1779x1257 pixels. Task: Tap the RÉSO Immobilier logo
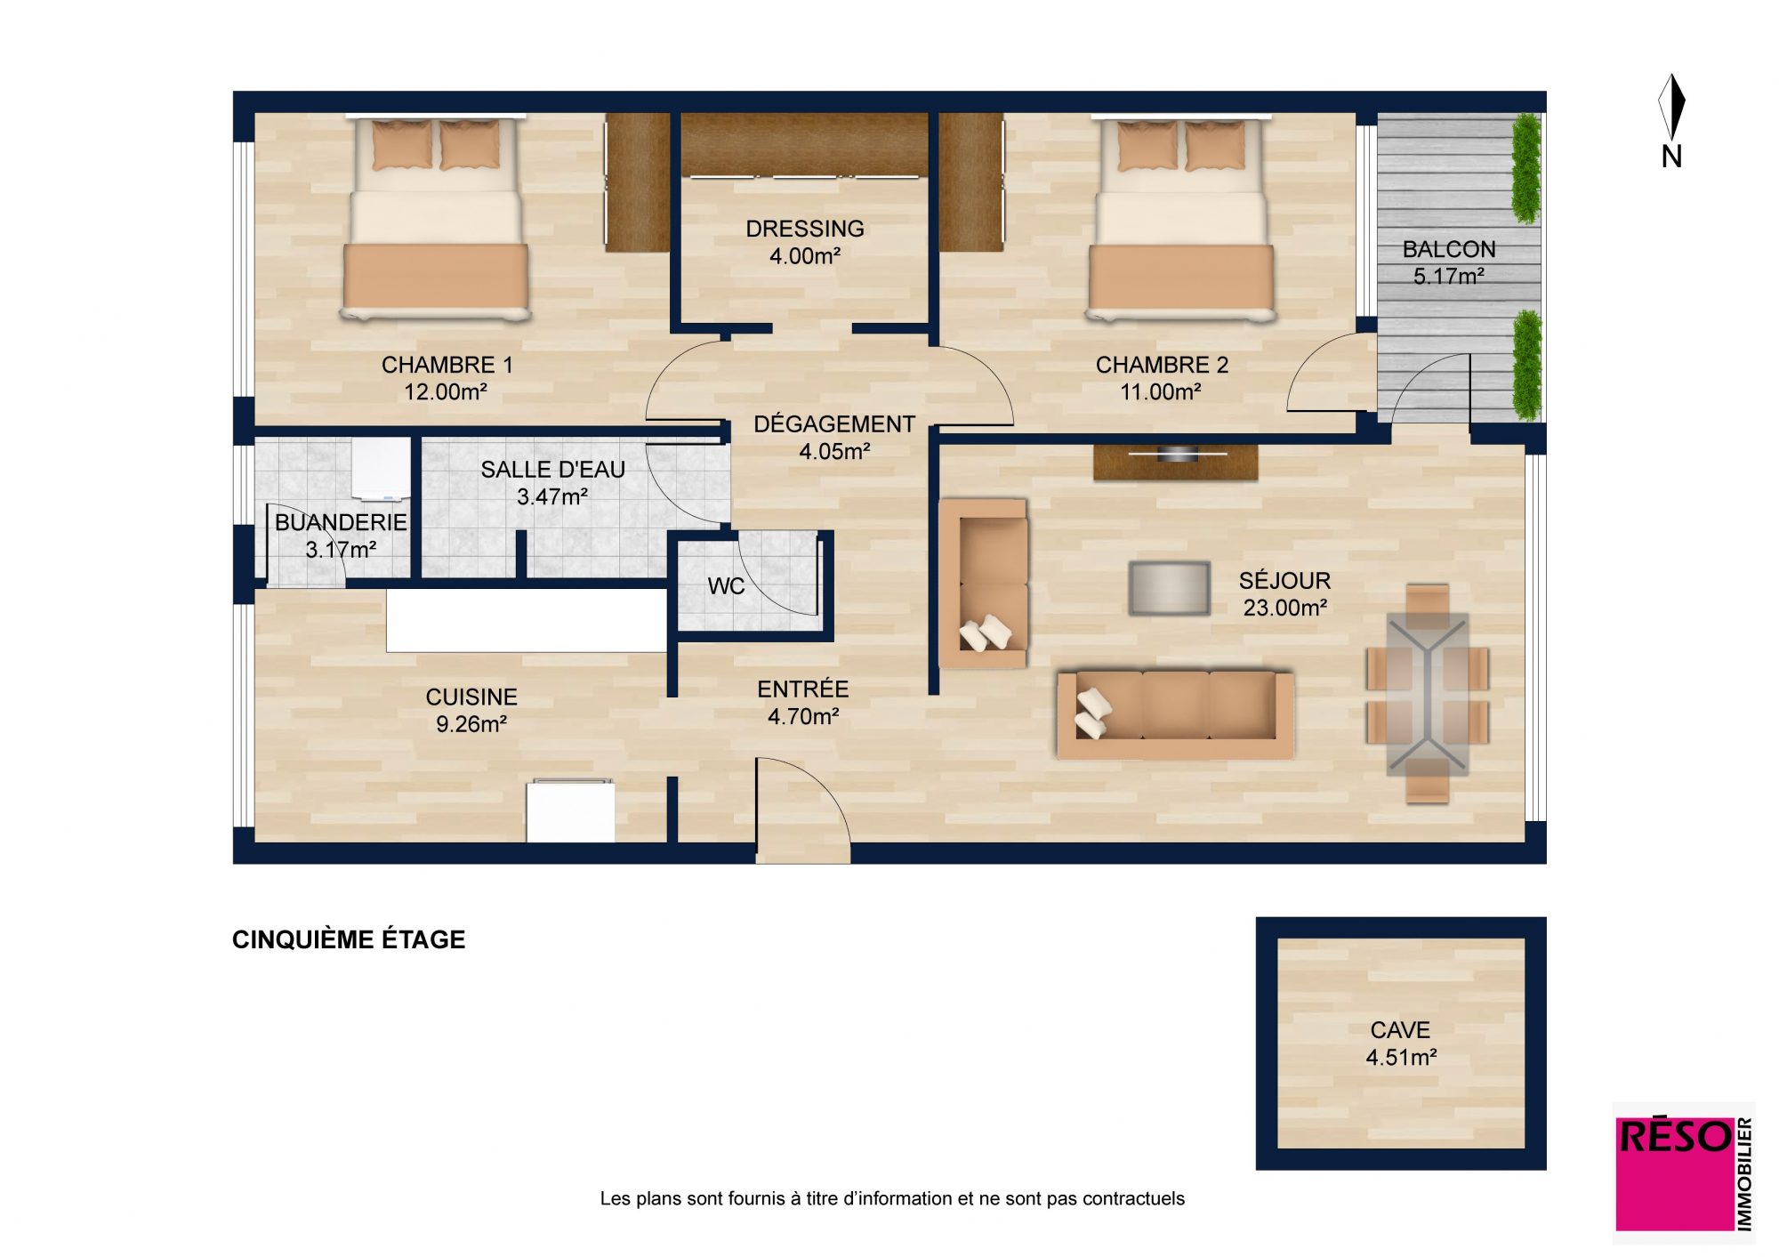pyautogui.click(x=1685, y=1173)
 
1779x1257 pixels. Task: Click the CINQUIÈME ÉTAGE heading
pyautogui.click(x=349, y=939)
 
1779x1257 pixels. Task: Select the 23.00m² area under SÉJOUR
pyautogui.click(x=1285, y=608)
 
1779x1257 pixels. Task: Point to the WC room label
pyautogui.click(x=726, y=586)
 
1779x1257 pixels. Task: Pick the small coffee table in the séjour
pyautogui.click(x=1169, y=588)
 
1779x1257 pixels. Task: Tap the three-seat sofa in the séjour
pyautogui.click(x=1174, y=714)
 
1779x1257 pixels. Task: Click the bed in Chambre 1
pyautogui.click(x=435, y=217)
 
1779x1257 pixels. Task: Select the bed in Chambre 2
pyautogui.click(x=1180, y=217)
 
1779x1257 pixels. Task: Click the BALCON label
pyautogui.click(x=1449, y=249)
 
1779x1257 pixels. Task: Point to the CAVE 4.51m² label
pyautogui.click(x=1401, y=1043)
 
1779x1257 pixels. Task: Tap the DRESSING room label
pyautogui.click(x=805, y=229)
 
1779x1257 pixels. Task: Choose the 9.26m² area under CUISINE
pyautogui.click(x=471, y=724)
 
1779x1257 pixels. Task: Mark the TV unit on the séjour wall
pyautogui.click(x=1175, y=461)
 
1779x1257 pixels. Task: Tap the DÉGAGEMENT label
pyautogui.click(x=834, y=424)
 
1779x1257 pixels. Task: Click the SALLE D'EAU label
pyautogui.click(x=552, y=469)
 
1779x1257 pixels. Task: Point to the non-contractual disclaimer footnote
pyautogui.click(x=892, y=1198)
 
